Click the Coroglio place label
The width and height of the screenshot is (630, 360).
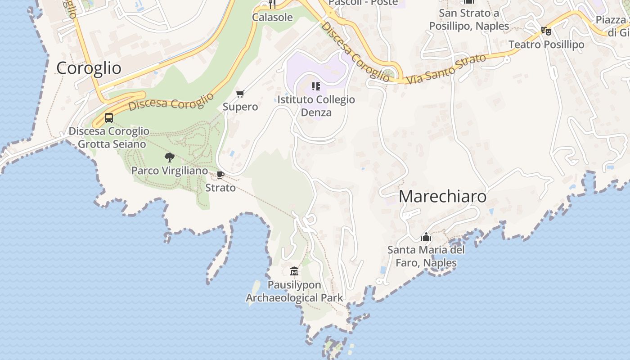click(89, 68)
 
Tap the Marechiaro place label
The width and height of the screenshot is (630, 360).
click(442, 197)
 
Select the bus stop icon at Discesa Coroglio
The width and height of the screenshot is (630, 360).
click(109, 118)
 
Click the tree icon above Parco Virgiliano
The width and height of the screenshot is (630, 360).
click(170, 157)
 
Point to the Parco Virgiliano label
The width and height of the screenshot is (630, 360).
click(170, 171)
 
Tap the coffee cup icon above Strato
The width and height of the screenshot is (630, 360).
click(220, 175)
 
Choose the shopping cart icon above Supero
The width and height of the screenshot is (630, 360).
click(240, 94)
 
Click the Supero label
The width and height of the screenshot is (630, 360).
click(240, 107)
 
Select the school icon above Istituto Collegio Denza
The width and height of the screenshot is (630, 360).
click(316, 86)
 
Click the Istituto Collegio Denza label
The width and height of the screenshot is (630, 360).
click(316, 106)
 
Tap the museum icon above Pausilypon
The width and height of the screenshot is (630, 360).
click(294, 271)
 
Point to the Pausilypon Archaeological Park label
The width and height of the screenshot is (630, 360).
click(294, 291)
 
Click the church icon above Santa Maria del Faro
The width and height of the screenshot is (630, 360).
click(426, 236)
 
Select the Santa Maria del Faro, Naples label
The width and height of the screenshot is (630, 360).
click(426, 256)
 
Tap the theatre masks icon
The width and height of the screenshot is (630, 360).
click(546, 31)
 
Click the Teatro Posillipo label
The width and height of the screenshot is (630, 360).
click(546, 45)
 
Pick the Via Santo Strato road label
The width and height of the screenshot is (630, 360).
click(446, 69)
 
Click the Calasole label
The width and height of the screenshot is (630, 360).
click(272, 18)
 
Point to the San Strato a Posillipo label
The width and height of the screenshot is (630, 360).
click(469, 19)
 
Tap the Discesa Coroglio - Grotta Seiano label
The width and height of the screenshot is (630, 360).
click(109, 137)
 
